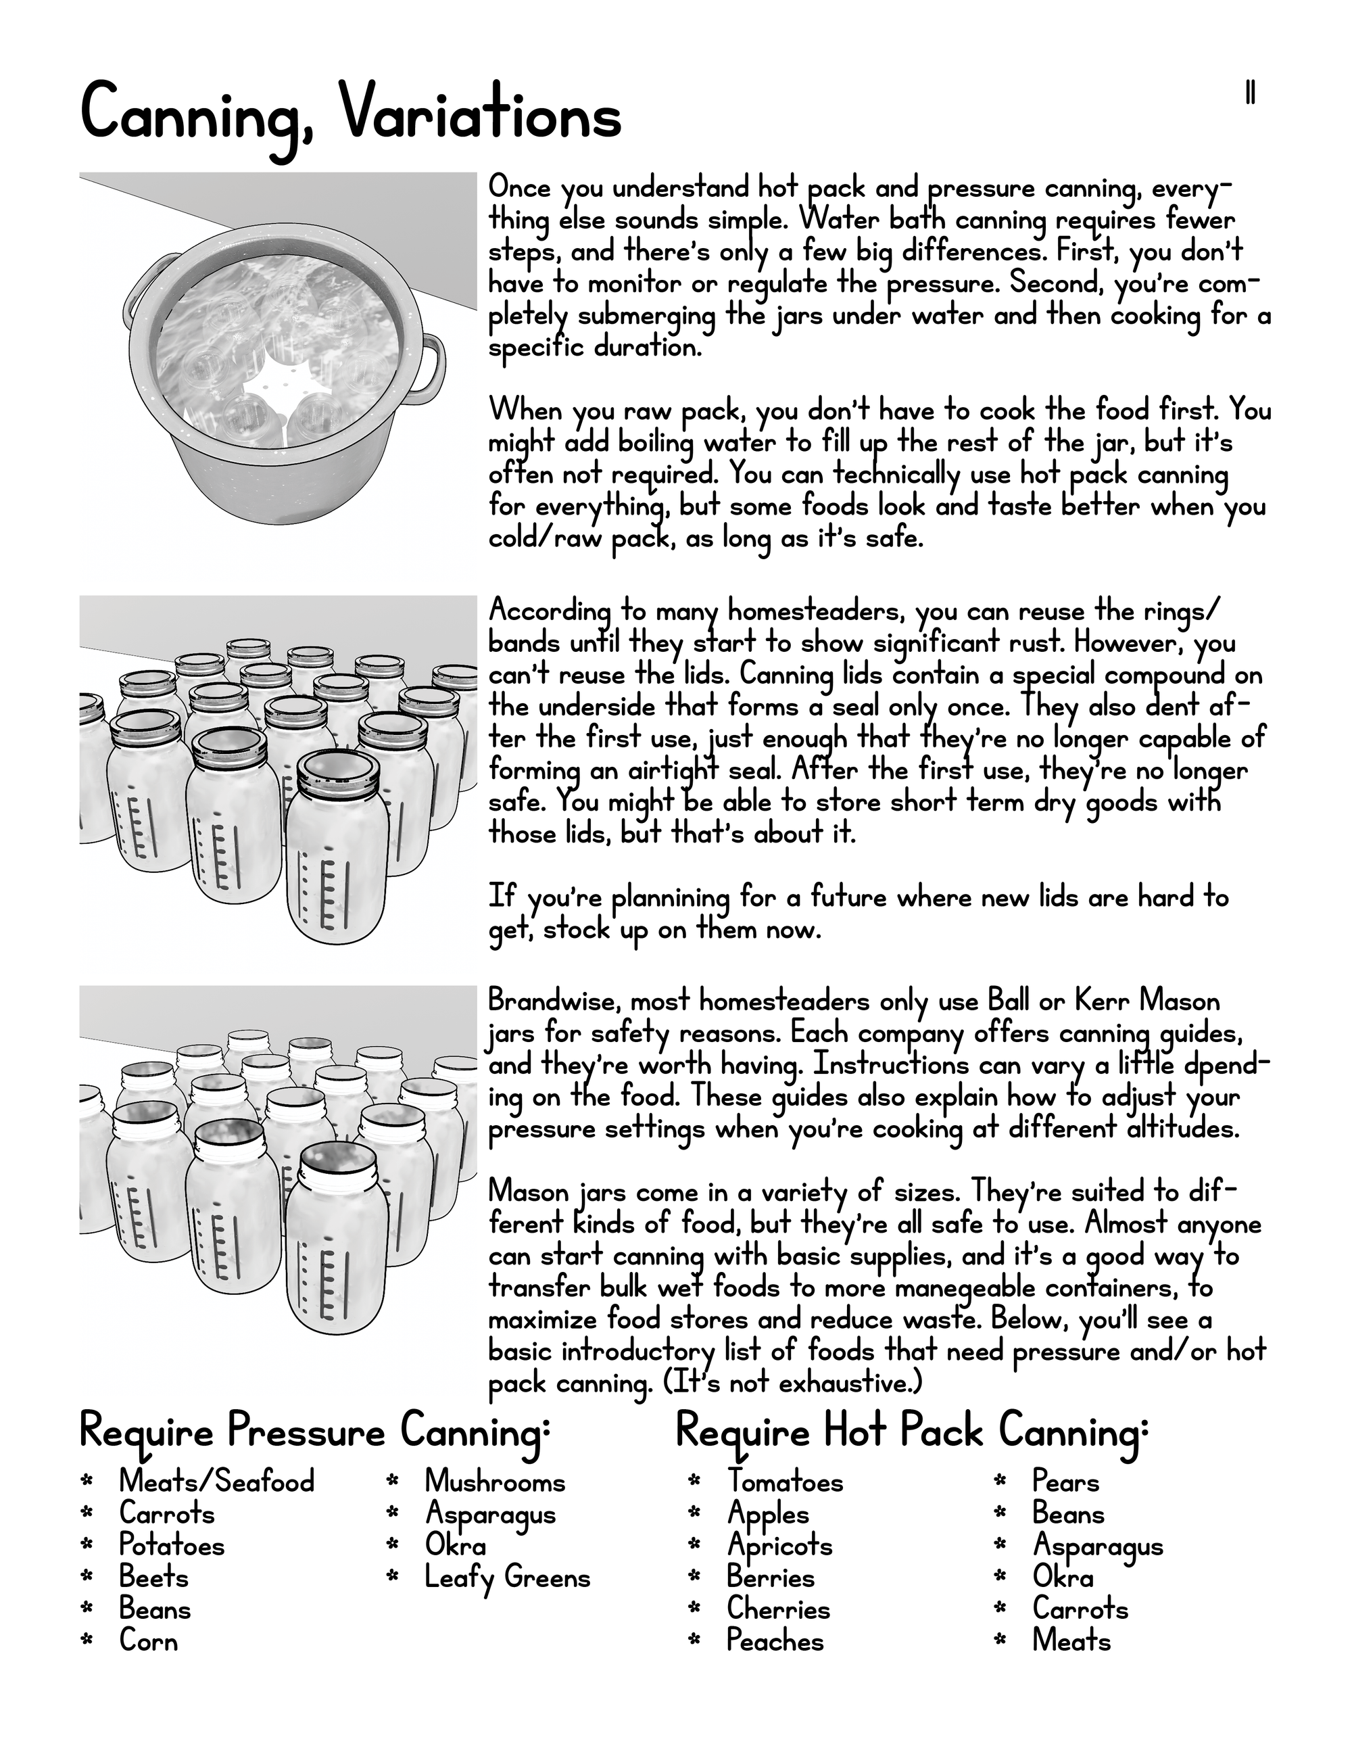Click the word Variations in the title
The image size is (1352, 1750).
[x=480, y=116]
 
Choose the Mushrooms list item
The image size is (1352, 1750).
[x=495, y=1482]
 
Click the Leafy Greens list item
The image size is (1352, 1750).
[x=507, y=1578]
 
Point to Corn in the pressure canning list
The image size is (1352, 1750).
[x=148, y=1641]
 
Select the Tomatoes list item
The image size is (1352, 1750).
[x=785, y=1482]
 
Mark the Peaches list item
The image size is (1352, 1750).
[x=775, y=1641]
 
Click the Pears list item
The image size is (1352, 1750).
[x=1065, y=1482]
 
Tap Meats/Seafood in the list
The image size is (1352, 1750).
[x=216, y=1482]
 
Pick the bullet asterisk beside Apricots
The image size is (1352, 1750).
[x=694, y=1546]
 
